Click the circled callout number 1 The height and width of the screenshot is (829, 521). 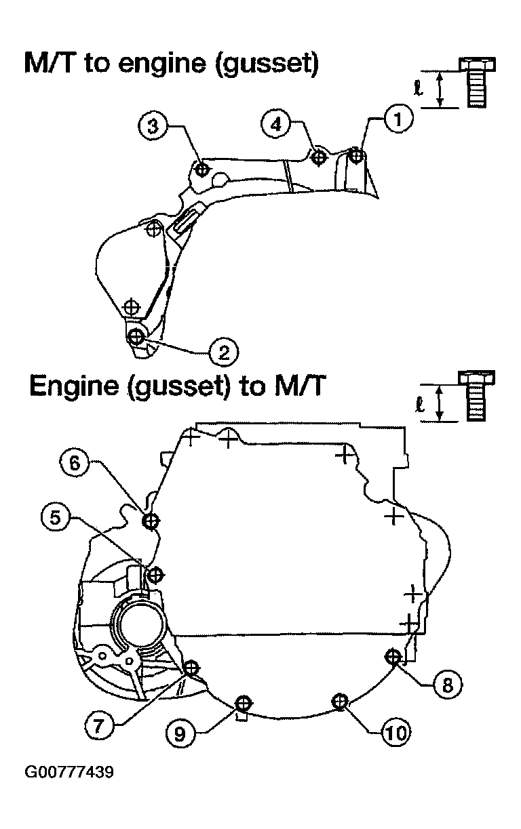click(x=398, y=119)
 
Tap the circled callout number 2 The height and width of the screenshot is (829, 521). click(x=224, y=352)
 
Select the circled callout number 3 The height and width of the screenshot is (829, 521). click(x=153, y=125)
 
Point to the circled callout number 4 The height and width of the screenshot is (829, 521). click(x=276, y=125)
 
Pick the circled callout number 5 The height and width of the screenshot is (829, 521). click(x=55, y=517)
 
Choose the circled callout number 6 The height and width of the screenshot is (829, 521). click(x=75, y=462)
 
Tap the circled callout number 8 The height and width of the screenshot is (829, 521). click(x=448, y=685)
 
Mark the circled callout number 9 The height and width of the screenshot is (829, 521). click(x=180, y=733)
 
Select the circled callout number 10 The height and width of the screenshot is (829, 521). click(x=396, y=732)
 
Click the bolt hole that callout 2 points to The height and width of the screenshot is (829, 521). click(x=136, y=336)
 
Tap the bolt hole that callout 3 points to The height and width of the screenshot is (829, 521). click(x=202, y=170)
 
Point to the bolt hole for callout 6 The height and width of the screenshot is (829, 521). click(x=151, y=521)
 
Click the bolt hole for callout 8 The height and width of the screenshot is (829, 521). click(x=393, y=657)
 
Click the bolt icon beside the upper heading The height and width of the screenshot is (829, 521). click(x=477, y=82)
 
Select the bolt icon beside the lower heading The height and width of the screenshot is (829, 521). click(x=476, y=397)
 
